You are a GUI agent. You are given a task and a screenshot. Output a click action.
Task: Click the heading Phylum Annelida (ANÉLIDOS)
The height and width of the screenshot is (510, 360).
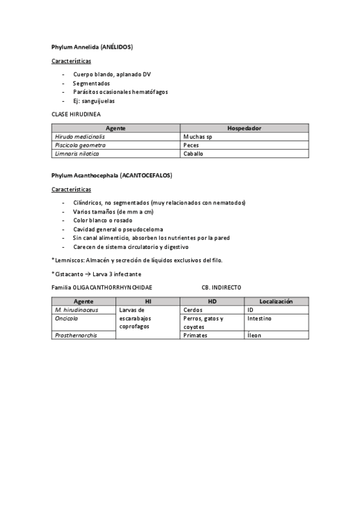tap(93, 46)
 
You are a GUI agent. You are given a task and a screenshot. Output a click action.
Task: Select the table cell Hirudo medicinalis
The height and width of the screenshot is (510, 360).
tap(80, 137)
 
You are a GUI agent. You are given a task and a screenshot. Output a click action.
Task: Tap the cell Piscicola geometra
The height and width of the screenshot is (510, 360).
tap(80, 145)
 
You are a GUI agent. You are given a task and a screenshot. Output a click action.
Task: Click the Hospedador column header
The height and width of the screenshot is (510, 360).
tap(244, 128)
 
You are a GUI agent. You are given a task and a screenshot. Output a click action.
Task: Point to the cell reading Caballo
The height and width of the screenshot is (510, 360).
tap(194, 153)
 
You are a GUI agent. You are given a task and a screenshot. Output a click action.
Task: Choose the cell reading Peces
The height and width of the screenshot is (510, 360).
tap(191, 145)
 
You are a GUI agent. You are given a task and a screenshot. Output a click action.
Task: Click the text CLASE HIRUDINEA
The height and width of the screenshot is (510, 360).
tap(76, 114)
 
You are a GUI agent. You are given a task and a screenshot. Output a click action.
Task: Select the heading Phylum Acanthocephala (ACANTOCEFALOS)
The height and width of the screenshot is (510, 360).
tap(112, 176)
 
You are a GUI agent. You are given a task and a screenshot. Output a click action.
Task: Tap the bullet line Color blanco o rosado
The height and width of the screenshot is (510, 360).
tap(103, 220)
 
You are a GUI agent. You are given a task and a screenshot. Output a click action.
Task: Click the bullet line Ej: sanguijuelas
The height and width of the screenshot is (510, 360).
tap(94, 101)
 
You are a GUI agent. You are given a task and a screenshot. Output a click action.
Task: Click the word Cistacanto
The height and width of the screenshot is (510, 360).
tap(70, 274)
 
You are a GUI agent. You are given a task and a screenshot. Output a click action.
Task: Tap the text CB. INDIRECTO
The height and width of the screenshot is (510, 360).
tap(221, 288)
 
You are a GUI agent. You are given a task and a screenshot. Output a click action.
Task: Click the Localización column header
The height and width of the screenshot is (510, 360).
tap(276, 301)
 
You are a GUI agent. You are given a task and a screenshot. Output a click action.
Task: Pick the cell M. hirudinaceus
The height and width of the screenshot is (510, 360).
tap(76, 310)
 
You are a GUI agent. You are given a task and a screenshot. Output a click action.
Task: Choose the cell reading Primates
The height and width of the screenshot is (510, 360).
tap(195, 335)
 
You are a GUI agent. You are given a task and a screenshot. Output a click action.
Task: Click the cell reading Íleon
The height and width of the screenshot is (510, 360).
tap(254, 335)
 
